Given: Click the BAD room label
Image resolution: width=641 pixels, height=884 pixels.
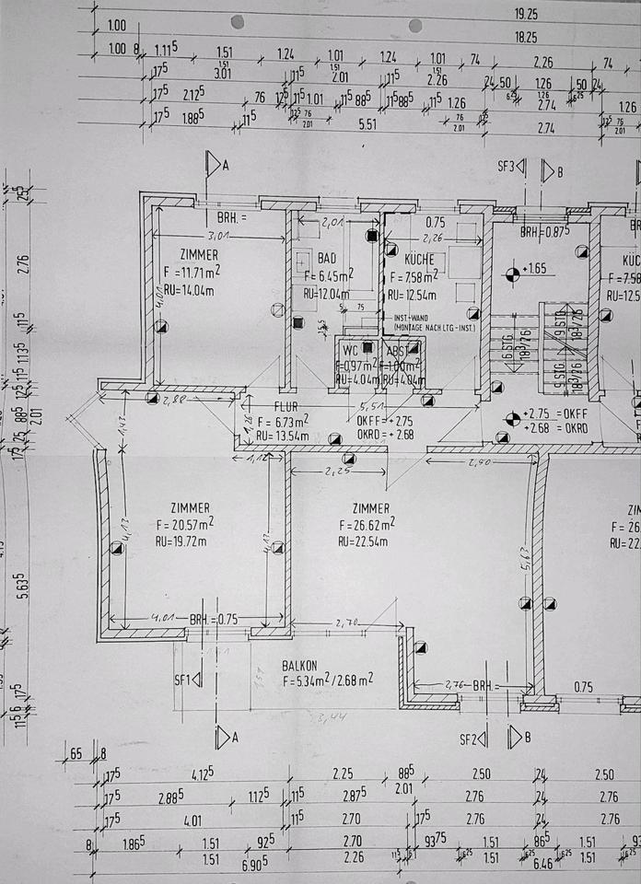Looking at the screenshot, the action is tap(327, 259).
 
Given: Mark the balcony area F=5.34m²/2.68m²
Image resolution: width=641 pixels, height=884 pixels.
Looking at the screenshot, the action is tap(327, 681).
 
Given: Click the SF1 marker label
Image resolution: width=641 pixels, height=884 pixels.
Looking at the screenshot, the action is tap(181, 680).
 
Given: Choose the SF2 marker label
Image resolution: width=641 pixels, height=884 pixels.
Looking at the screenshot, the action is tap(472, 739).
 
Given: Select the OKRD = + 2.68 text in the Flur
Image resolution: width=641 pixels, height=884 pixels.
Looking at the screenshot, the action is tap(371, 435).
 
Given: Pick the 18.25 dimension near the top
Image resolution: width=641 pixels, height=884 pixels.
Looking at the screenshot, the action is tap(526, 38).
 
